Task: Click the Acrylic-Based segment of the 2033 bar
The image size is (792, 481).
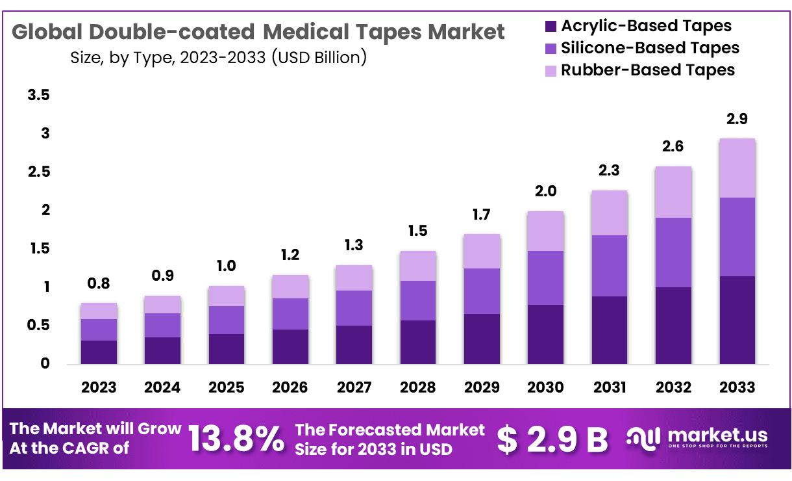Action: click(737, 320)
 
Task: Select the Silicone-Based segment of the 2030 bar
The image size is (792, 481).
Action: click(545, 278)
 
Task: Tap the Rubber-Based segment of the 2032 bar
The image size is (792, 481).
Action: click(673, 192)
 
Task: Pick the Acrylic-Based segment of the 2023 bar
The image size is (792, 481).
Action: click(99, 352)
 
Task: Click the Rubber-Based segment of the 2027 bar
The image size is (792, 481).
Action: click(354, 278)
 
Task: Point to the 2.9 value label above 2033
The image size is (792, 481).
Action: click(737, 119)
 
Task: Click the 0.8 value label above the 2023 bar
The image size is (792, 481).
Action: click(99, 283)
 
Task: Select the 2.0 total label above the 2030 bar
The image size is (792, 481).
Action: click(545, 192)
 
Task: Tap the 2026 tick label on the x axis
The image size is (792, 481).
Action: click(290, 387)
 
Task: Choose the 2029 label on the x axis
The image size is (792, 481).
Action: click(481, 387)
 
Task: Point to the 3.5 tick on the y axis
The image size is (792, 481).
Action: click(38, 96)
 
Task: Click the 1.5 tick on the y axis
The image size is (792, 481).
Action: click(38, 249)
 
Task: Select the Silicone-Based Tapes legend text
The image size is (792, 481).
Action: click(649, 48)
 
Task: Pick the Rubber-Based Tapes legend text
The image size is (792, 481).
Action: click(647, 70)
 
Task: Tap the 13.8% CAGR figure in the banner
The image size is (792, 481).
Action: click(236, 439)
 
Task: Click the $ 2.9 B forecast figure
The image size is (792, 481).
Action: click(552, 439)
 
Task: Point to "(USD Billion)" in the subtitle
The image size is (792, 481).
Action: click(319, 57)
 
